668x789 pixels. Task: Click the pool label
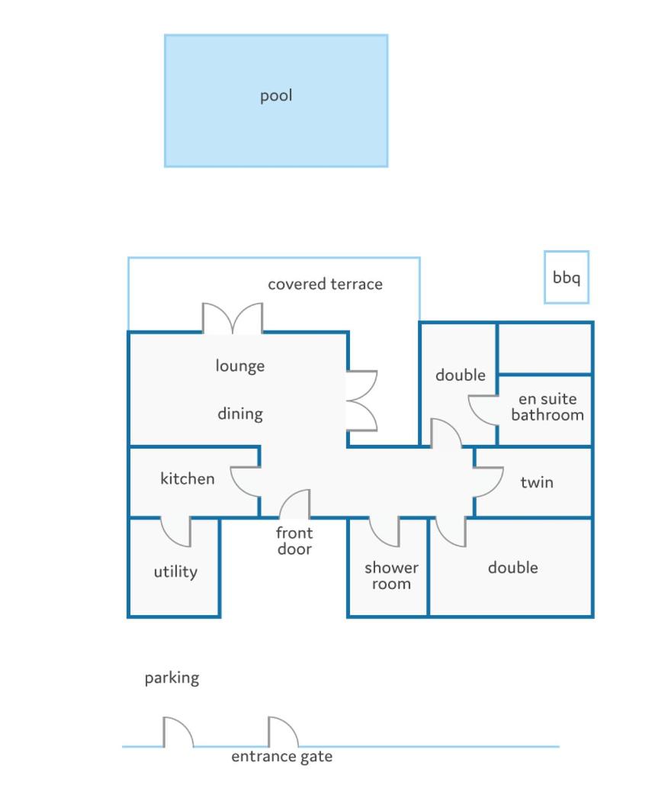275,95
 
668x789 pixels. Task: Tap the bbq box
567,277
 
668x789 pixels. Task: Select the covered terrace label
325,285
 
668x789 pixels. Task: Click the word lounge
240,366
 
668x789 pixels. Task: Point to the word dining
240,414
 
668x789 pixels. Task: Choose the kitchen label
187,478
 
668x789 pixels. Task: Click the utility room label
175,572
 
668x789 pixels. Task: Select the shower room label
391,575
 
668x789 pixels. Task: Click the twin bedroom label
537,482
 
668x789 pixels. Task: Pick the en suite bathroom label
548,407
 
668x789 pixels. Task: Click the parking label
172,678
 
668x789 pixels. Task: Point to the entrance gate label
281,757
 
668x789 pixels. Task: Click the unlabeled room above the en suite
544,349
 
